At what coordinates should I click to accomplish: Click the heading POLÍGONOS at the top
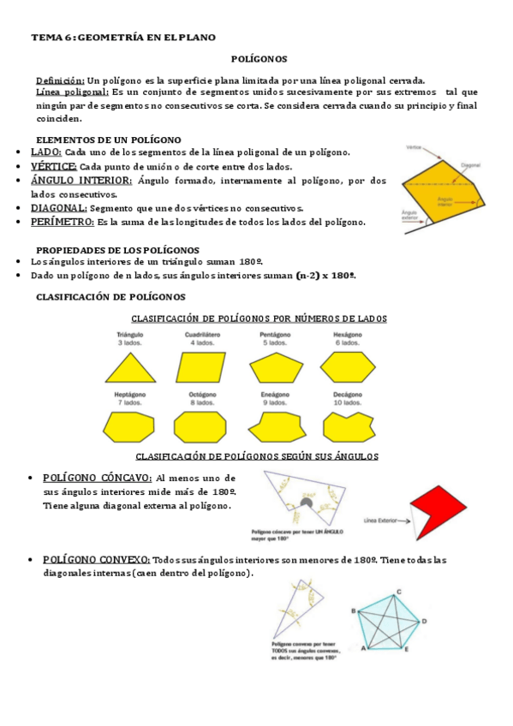pyautogui.click(x=259, y=59)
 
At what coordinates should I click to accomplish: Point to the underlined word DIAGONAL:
pyautogui.click(x=58, y=208)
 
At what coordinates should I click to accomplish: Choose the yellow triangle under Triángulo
pyautogui.click(x=130, y=367)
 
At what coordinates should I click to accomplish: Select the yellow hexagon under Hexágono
pyautogui.click(x=347, y=367)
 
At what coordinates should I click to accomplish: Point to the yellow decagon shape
pyautogui.click(x=348, y=425)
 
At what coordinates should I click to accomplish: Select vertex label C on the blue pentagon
pyautogui.click(x=398, y=592)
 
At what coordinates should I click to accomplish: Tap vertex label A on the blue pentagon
pyautogui.click(x=364, y=648)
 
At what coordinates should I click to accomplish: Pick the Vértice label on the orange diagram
pyautogui.click(x=416, y=146)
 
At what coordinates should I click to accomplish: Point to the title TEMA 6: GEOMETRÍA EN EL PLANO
pyautogui.click(x=123, y=38)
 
